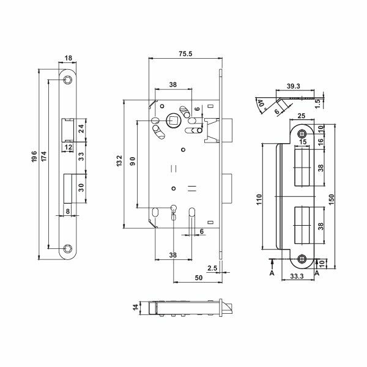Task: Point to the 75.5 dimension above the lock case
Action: point(185,54)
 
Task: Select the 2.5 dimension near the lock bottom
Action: point(212,268)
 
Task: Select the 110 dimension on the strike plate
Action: point(259,199)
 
